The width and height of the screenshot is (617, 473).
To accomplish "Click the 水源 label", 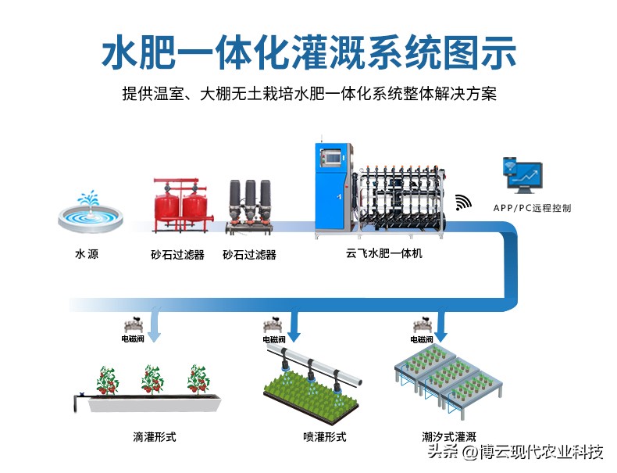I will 87,254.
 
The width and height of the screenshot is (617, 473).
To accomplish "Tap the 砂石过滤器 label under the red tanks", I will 177,255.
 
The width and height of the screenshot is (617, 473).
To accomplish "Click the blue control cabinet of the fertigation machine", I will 333,188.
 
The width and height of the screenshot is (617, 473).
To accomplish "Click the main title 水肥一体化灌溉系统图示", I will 308,52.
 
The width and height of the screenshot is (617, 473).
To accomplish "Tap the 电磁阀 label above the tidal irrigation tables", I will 422,340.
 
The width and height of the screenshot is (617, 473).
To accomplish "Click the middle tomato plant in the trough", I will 152,379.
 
